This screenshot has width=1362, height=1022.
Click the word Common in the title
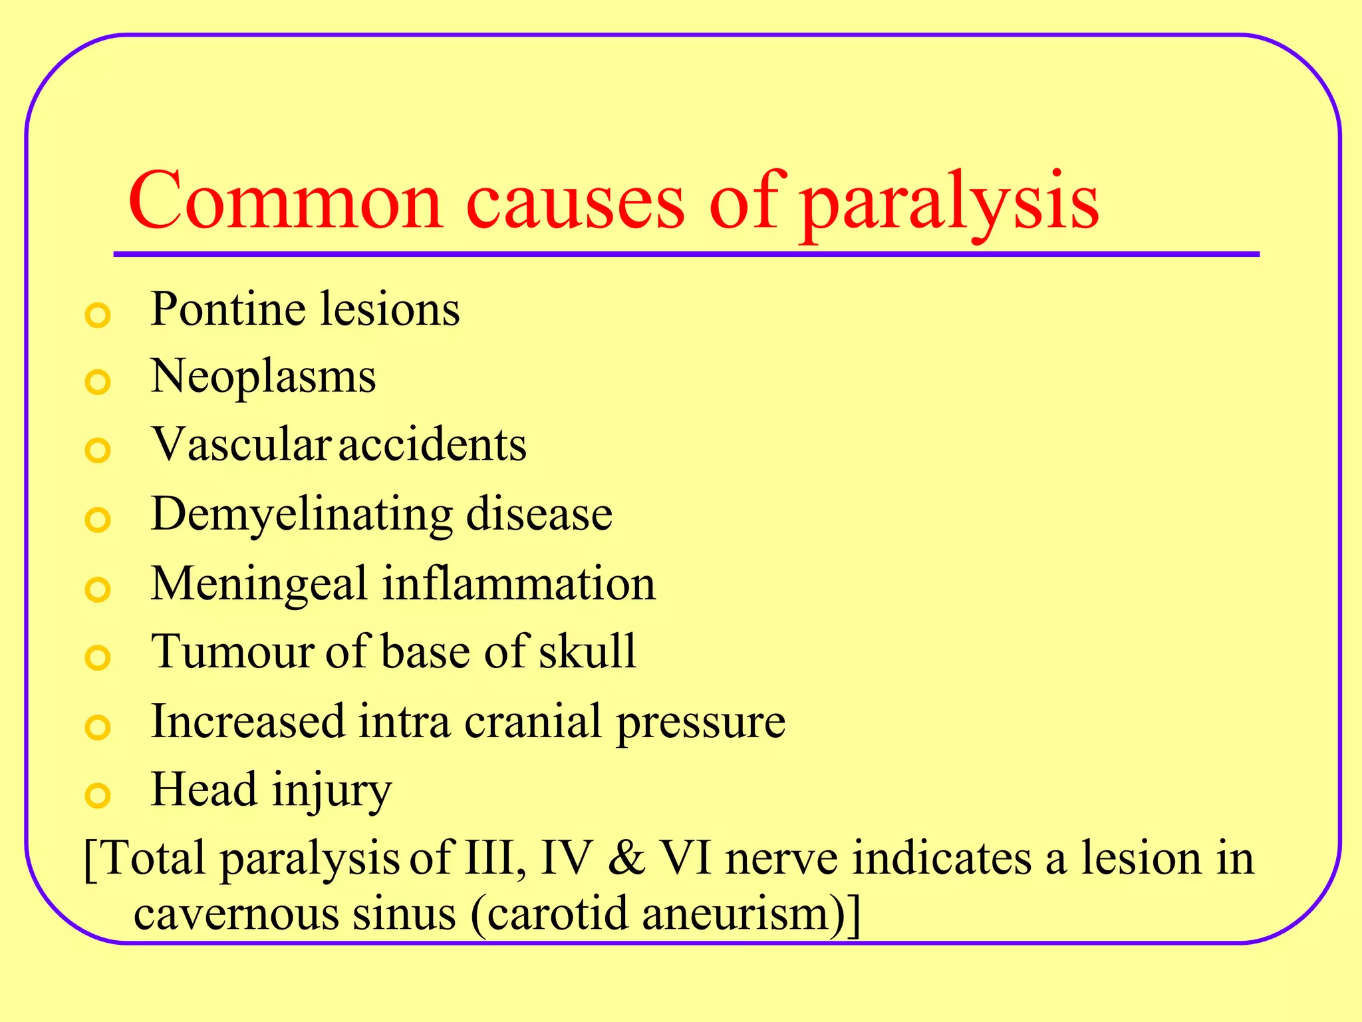click(x=285, y=202)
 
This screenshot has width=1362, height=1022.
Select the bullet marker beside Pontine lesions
click(x=98, y=315)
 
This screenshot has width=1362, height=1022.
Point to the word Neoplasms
click(x=263, y=377)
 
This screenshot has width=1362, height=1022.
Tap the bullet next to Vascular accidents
click(x=98, y=450)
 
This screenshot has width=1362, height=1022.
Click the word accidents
click(x=433, y=445)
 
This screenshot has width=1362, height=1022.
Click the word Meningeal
click(x=259, y=584)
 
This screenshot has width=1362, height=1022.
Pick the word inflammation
click(x=519, y=584)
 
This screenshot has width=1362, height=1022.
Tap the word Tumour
click(x=233, y=652)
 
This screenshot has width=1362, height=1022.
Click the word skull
click(x=587, y=652)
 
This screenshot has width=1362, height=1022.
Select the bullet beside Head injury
click(x=98, y=795)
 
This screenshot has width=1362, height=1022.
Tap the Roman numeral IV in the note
click(x=566, y=858)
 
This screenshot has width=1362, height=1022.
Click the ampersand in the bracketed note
click(x=626, y=858)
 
